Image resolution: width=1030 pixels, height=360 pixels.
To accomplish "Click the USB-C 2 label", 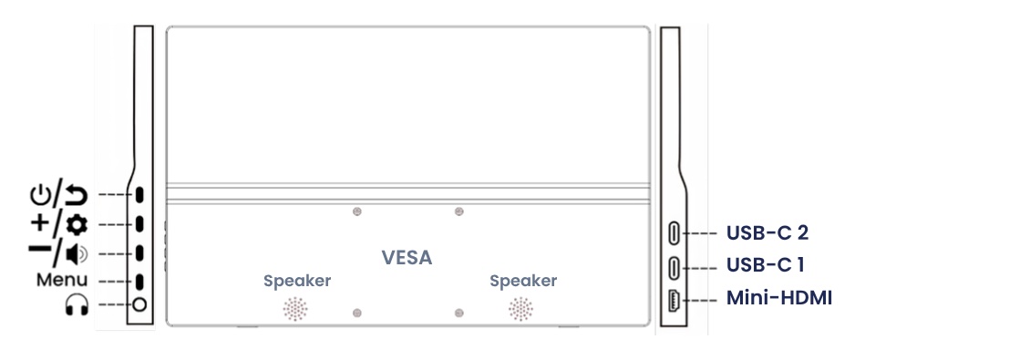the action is coord(767,232).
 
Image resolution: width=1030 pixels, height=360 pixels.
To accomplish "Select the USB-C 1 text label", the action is coord(766,265).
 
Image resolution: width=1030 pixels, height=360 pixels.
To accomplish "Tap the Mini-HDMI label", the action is coord(779,298).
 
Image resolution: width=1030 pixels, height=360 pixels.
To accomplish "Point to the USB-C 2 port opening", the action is coord(675,233).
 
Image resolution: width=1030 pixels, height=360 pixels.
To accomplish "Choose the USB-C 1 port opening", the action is coord(675,268).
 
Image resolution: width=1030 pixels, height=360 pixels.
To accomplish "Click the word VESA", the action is coord(407,258).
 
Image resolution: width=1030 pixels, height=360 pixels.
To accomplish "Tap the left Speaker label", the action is coord(297,282).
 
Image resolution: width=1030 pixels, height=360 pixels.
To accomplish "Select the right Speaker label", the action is coord(523,282).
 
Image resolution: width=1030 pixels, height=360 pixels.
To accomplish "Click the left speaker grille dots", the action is coord(295,308).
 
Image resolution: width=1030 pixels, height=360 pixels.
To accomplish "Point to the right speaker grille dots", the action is coord(520,308).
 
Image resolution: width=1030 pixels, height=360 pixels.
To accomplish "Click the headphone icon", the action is coord(77,304).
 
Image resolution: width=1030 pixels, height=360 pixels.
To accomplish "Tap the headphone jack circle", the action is coord(139,304).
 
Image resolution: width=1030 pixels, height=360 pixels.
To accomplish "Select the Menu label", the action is coord(61,280).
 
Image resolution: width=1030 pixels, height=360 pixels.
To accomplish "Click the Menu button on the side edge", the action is coord(139,282).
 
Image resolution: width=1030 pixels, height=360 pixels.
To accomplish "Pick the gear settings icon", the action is coord(77,225).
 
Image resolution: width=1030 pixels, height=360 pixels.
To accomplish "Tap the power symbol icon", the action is coord(40,195).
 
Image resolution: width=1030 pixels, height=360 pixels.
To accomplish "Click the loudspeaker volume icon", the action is coord(77,253).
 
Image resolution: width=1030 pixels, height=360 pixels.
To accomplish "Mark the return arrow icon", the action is coord(77,195).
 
